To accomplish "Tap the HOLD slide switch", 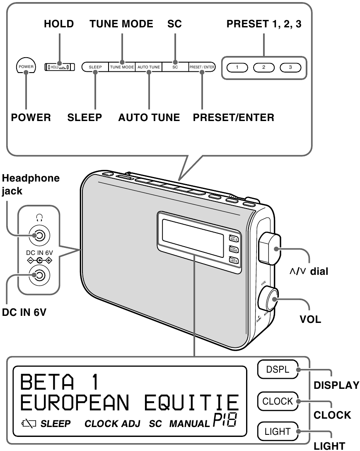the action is [59, 67].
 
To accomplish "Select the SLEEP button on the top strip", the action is [95, 67].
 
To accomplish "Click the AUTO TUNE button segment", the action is [148, 67].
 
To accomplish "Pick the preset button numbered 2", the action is [263, 67].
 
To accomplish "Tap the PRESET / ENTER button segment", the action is [202, 67].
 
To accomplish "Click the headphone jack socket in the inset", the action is [39, 236].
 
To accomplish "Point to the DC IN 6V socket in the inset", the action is [39, 275].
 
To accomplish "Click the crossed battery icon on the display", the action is [31, 424].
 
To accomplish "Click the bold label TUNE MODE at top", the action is [121, 24].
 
